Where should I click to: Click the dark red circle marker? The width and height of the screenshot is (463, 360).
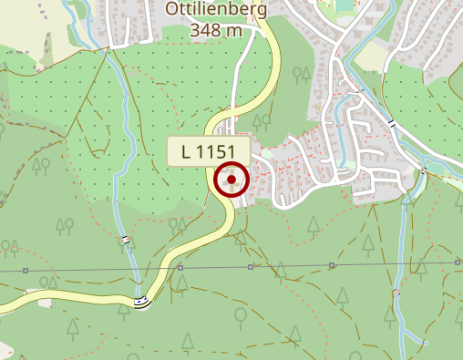232,180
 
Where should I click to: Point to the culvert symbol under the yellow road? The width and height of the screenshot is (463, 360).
139,303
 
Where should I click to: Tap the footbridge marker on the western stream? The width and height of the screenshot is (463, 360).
126,241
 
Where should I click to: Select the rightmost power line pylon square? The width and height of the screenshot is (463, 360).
457,262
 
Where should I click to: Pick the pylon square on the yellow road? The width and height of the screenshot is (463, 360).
180,268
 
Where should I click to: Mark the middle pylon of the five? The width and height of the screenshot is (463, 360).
251,267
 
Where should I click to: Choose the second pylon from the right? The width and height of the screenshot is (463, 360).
333,265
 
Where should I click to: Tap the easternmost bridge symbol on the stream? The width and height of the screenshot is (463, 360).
424,170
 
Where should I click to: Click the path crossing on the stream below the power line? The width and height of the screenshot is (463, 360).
396,293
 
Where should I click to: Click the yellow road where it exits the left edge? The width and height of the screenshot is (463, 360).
5,307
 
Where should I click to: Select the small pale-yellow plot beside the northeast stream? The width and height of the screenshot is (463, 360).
371,57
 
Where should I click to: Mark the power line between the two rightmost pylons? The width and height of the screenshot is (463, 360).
395,264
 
